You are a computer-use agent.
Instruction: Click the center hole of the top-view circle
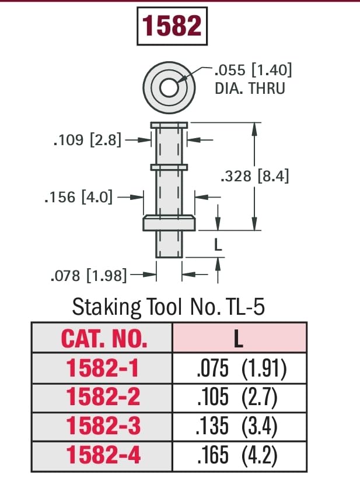point(169,88)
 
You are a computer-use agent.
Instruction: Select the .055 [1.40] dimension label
point(253,71)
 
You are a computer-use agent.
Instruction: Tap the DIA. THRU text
point(250,89)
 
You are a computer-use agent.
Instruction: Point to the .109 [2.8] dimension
point(88,140)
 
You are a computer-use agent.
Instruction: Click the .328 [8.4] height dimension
point(255,176)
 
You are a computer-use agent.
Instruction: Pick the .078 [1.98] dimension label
point(89,275)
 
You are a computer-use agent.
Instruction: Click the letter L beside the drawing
point(218,245)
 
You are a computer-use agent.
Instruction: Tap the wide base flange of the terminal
point(169,222)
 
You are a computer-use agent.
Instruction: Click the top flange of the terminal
point(169,125)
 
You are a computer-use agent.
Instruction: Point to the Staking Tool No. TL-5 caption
point(168,307)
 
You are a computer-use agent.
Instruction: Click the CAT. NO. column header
point(104,339)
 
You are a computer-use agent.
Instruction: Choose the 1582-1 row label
point(104,368)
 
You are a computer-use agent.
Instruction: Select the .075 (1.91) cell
point(240,368)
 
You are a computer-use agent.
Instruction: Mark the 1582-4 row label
point(104,455)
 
